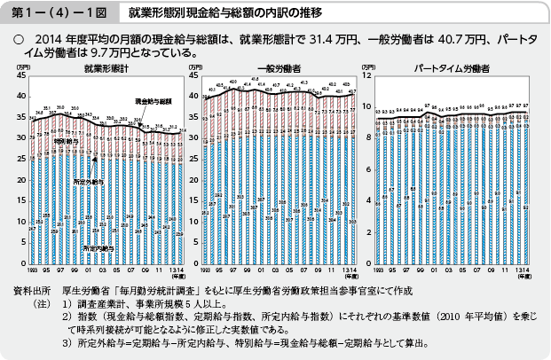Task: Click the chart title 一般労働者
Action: pos(279,68)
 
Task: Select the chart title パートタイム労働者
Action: pos(452,68)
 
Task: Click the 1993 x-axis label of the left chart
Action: pos(32,267)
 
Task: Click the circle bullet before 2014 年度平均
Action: pos(16,39)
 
